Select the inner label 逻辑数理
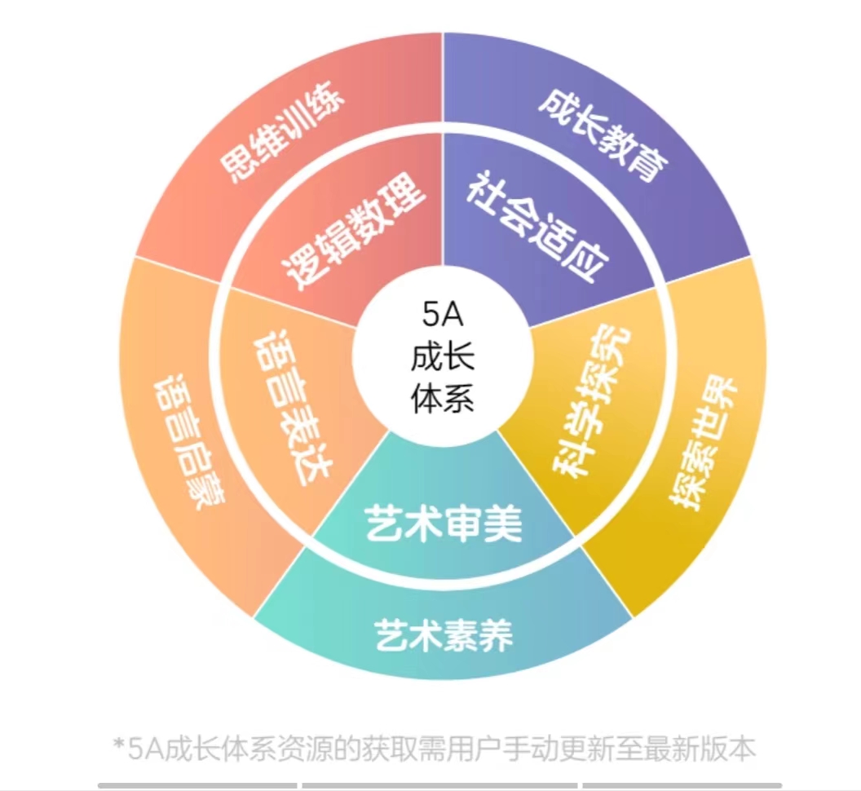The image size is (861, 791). pos(354,233)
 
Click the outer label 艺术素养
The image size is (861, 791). pos(444,634)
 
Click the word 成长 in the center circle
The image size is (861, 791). pos(443,357)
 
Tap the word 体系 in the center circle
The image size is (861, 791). pos(443,400)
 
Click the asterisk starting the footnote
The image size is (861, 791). pos(119,745)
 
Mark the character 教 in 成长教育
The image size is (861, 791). pos(620,148)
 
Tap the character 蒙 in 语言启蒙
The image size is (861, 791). pos(210,493)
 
